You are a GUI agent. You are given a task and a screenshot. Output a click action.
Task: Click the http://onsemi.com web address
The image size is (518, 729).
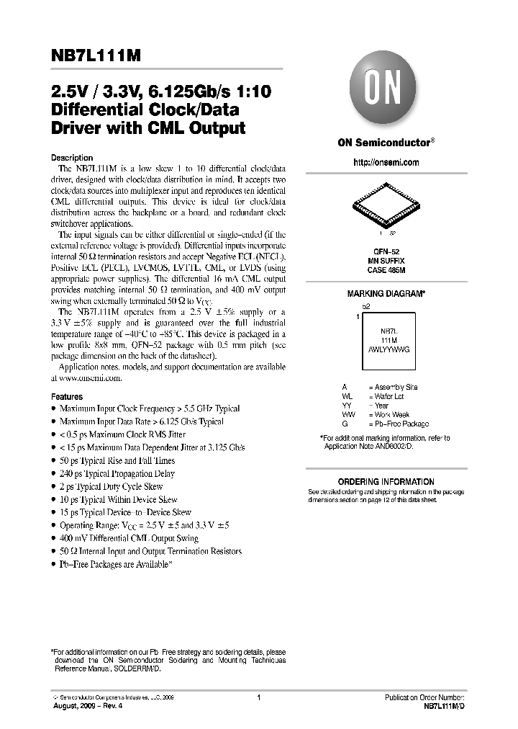click(x=386, y=163)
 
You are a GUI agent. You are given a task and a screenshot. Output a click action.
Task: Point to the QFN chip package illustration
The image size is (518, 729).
click(x=386, y=205)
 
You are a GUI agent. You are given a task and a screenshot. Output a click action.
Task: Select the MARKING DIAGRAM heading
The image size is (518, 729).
click(x=386, y=294)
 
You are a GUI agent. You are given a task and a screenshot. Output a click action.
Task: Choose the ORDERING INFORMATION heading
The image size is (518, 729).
click(x=386, y=482)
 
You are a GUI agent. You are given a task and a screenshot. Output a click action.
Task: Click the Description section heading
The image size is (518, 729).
click(x=72, y=158)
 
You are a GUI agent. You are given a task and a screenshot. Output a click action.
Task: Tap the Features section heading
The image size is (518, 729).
click(x=67, y=397)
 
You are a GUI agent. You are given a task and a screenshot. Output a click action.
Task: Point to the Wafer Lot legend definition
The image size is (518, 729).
click(x=389, y=396)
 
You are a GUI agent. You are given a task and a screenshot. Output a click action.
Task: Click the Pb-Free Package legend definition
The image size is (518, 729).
click(x=401, y=424)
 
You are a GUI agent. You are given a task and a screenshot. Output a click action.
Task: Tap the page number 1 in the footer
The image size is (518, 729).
click(x=258, y=697)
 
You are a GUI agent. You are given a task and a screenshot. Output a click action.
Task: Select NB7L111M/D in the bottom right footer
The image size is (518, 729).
click(x=440, y=707)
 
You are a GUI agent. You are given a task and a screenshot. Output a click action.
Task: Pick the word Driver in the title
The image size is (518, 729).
click(x=78, y=128)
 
